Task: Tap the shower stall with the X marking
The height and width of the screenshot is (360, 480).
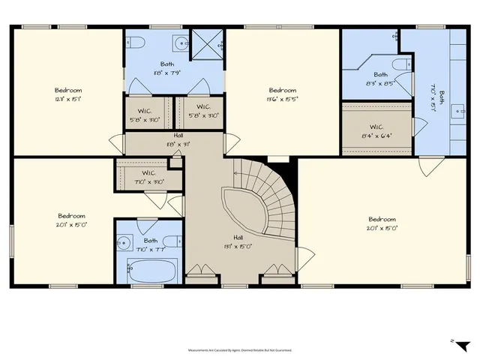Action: tap(206, 45)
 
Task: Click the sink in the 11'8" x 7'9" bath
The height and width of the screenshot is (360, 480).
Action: tap(182, 42)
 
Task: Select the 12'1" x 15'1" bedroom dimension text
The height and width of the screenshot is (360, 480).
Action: tap(67, 99)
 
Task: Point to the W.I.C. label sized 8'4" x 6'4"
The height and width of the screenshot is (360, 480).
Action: tap(377, 127)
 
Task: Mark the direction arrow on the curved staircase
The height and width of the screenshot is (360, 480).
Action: tap(238, 174)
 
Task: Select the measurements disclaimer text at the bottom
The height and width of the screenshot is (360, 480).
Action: tap(240, 350)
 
